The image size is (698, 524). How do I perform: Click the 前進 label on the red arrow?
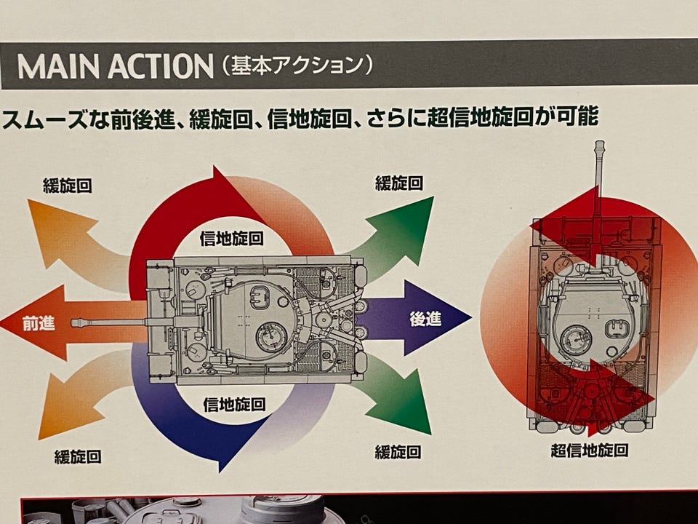click(39, 323)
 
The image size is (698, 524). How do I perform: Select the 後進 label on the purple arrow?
click(425, 319)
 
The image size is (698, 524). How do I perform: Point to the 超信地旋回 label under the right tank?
click(589, 450)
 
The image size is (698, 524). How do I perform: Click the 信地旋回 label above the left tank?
click(231, 238)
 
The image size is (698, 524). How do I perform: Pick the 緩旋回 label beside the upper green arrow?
click(399, 183)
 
